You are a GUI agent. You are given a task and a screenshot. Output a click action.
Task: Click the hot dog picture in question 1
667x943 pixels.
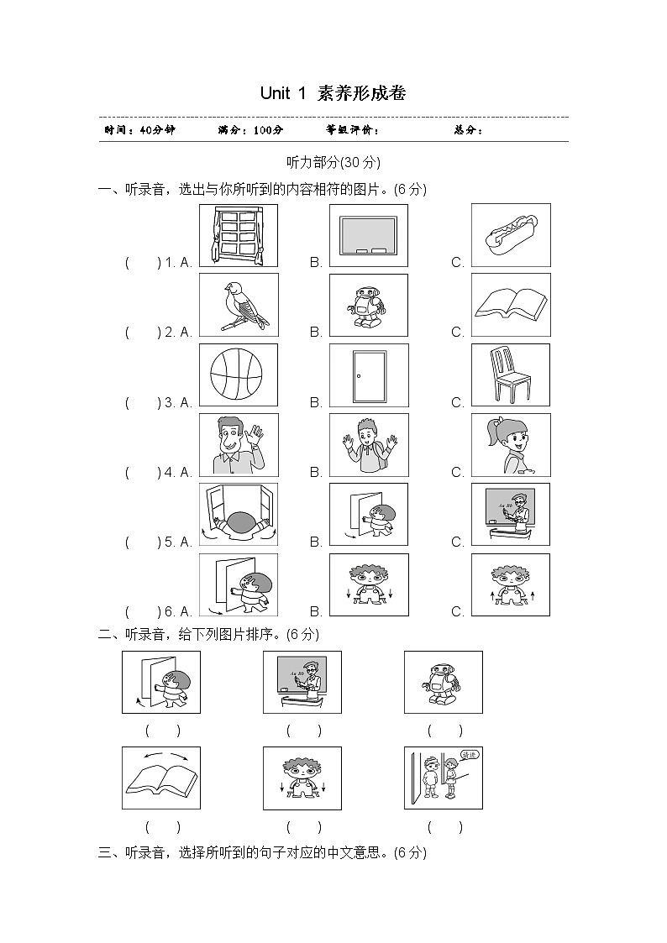click(511, 235)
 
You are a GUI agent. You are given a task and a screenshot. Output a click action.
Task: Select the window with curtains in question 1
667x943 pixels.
click(238, 236)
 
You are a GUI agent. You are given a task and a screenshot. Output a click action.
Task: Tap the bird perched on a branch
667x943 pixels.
click(238, 306)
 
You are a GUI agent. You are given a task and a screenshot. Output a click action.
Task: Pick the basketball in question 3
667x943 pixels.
click(238, 375)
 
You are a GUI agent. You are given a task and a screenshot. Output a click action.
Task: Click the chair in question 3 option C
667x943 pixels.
click(511, 375)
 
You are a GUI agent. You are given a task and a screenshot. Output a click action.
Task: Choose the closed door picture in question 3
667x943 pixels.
click(369, 375)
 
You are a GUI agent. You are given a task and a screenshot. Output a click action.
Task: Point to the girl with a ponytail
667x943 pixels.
click(511, 445)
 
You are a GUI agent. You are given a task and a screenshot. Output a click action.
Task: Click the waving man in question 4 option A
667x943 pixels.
click(238, 445)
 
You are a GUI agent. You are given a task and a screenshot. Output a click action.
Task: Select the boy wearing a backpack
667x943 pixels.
click(369, 445)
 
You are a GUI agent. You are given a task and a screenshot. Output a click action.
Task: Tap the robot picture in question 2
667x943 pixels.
click(369, 306)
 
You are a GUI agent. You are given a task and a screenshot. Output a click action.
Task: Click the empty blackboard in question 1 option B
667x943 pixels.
click(369, 236)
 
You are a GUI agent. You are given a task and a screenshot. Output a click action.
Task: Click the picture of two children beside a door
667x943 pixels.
click(443, 778)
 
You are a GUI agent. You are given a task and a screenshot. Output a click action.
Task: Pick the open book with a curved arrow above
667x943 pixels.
click(161, 778)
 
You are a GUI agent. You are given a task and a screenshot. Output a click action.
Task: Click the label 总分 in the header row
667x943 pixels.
click(468, 130)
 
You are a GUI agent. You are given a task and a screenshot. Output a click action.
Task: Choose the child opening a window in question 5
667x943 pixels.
click(238, 515)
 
